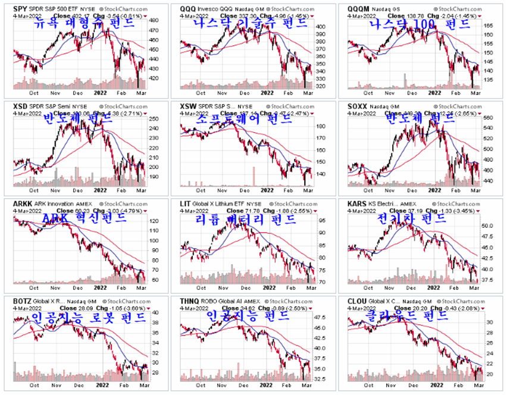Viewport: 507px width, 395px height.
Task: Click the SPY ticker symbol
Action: point(20,9)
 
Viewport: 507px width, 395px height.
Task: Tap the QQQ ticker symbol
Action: point(189,9)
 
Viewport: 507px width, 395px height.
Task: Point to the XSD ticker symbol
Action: point(20,105)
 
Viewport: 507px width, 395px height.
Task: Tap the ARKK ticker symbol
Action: point(22,203)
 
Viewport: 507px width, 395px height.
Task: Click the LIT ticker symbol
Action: point(185,203)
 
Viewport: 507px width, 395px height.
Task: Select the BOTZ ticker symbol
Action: point(22,301)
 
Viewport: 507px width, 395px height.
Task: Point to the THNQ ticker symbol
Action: point(190,301)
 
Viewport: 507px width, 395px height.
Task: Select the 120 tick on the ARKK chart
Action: point(152,221)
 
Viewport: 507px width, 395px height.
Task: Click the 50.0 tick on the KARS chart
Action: point(489,226)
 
